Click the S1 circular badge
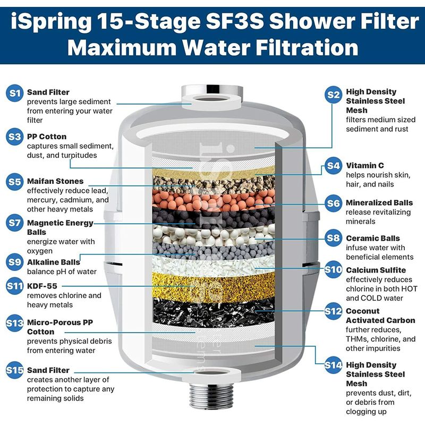coord(15,93)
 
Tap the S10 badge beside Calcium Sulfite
coord(333,269)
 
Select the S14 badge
coord(333,365)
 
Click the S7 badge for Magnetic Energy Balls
coord(15,223)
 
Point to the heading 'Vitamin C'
coord(365,165)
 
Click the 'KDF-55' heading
coord(42,286)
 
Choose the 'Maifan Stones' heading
coord(55,181)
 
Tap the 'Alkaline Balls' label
coord(54,262)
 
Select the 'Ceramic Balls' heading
coord(373,238)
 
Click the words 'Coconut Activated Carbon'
coord(380,316)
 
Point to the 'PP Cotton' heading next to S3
coord(47,137)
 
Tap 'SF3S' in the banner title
coord(235,21)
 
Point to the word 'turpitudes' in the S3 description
coord(79,155)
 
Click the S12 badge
coord(333,311)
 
